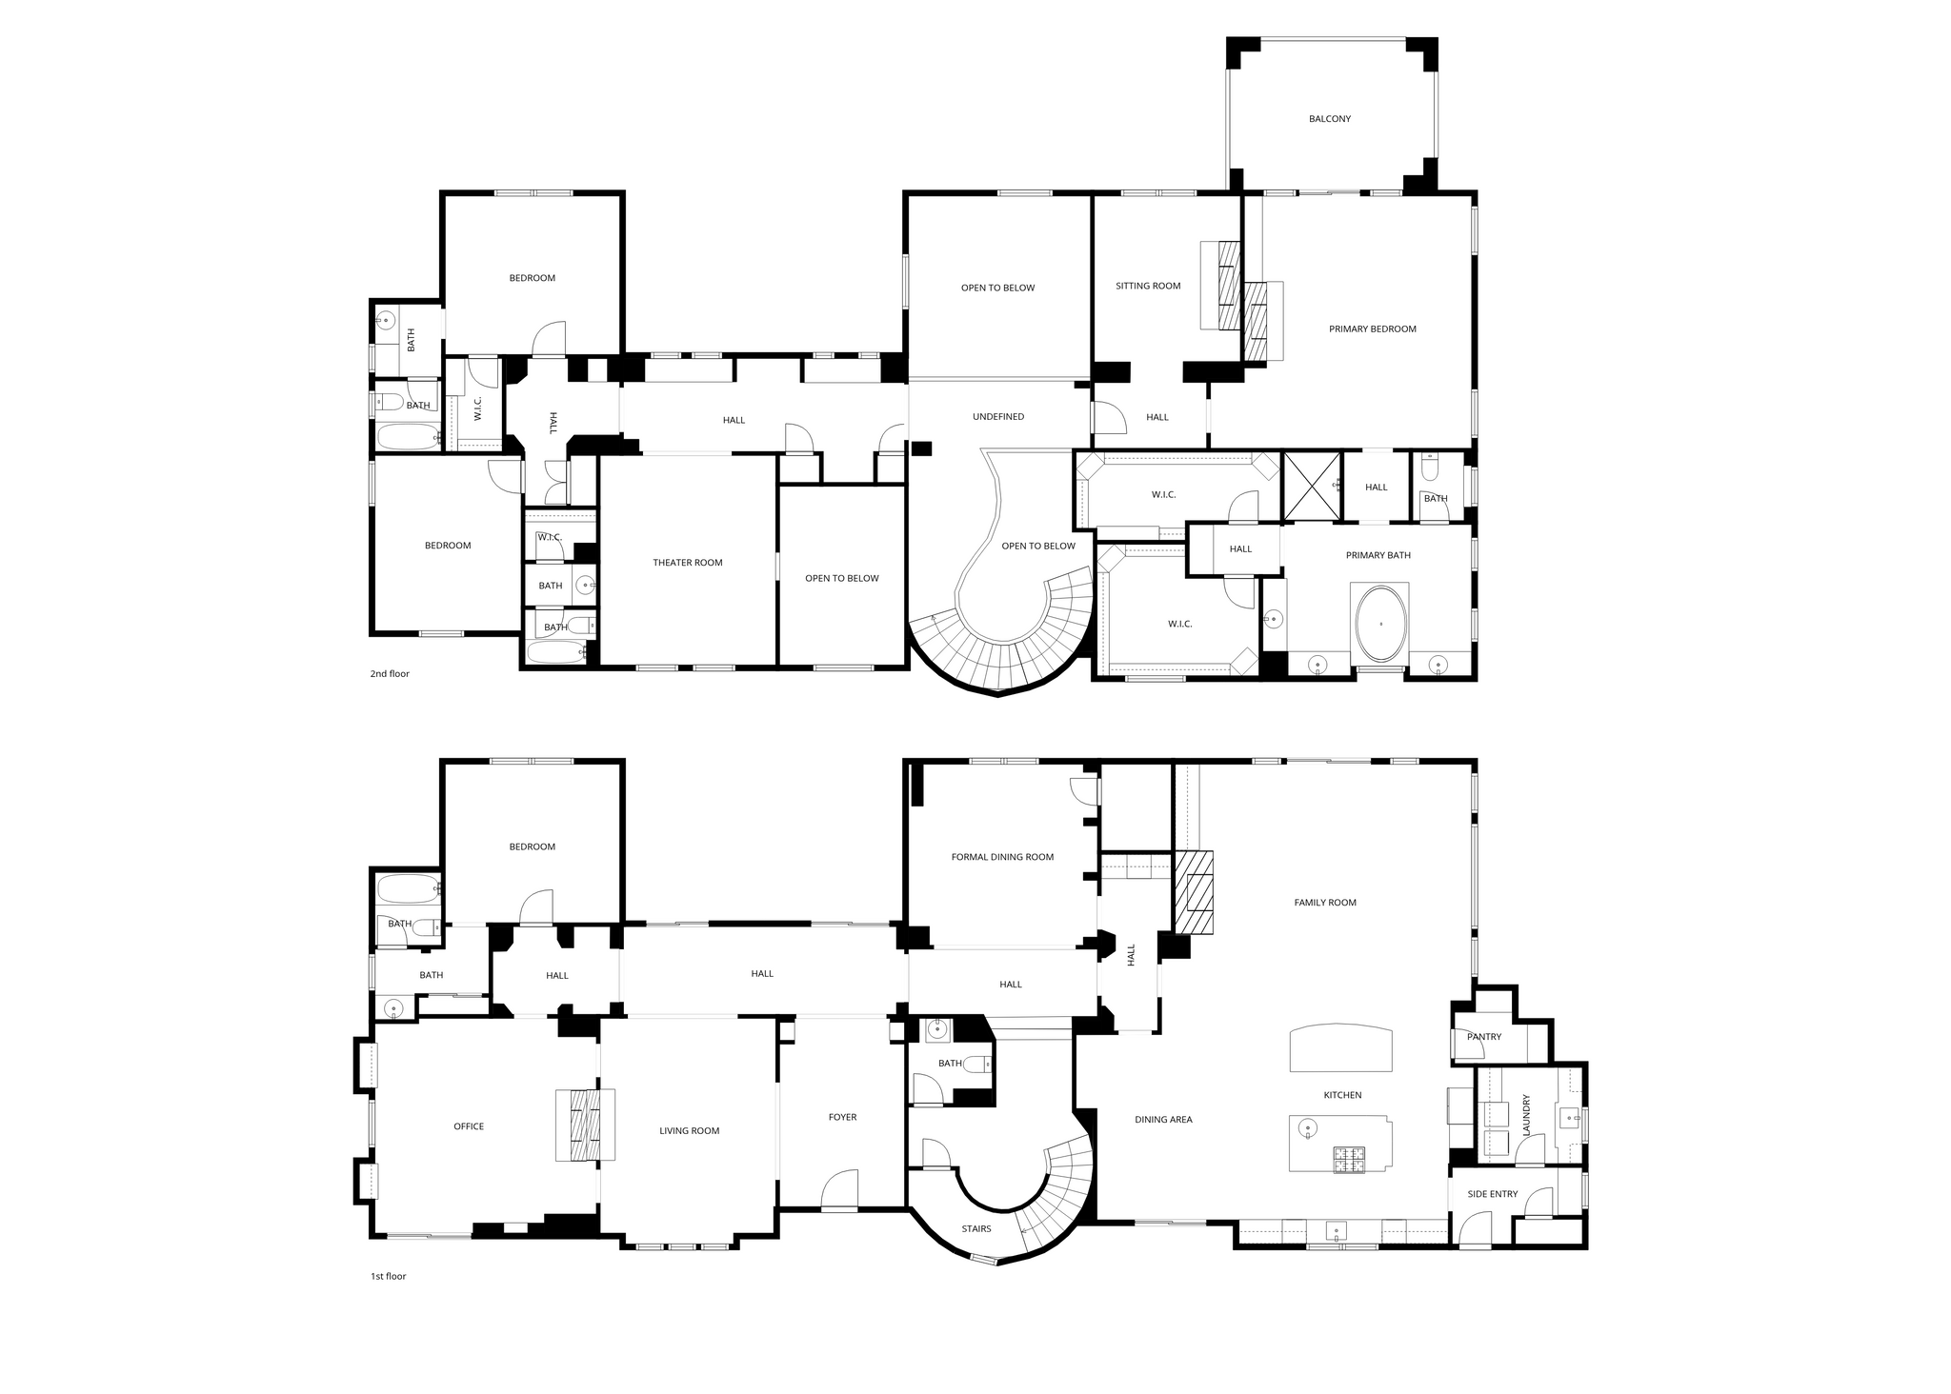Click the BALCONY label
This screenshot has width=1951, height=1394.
1329,119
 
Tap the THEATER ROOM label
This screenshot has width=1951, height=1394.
688,563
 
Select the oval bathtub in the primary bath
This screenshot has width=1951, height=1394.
1380,624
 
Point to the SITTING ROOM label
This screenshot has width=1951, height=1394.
1148,286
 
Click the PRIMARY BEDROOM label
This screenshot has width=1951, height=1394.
1373,329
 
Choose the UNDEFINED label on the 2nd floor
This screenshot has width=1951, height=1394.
998,417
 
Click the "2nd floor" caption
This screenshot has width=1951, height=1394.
390,674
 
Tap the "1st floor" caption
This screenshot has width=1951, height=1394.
388,1276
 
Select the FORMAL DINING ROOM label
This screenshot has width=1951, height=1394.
1002,857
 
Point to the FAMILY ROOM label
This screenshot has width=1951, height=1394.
1325,903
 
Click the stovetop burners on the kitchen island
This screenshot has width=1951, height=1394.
1348,1160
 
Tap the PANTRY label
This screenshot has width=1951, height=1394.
1484,1037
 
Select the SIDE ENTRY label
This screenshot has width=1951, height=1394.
1493,1194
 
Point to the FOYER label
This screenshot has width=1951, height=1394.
842,1118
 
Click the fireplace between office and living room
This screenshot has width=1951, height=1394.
585,1125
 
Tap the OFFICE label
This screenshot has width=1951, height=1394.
469,1126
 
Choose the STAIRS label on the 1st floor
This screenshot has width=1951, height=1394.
976,1229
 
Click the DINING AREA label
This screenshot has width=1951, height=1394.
1163,1120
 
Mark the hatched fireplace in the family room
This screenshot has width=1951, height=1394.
1195,891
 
